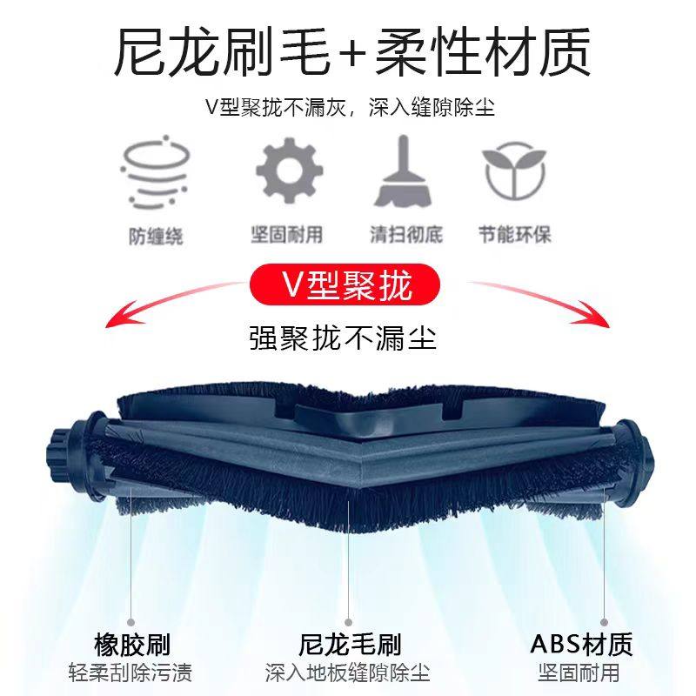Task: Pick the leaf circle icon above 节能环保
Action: [515, 171]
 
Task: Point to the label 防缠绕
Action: [157, 236]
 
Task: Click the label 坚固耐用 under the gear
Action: [288, 235]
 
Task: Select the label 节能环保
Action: [515, 235]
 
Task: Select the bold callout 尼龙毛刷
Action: [349, 645]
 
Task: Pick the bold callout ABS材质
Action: [581, 645]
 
